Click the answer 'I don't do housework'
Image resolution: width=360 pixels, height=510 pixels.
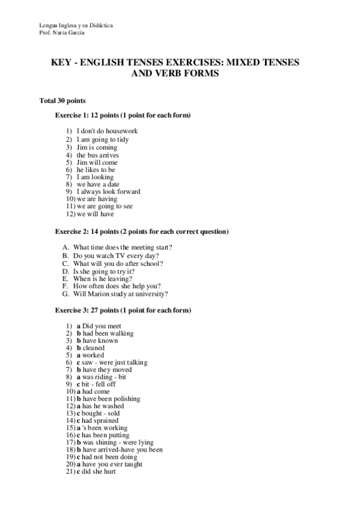pos(107,131)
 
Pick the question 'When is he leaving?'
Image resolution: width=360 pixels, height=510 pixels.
pos(104,279)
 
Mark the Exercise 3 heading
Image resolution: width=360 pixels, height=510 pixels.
pos(123,310)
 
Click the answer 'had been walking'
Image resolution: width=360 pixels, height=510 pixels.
pos(108,333)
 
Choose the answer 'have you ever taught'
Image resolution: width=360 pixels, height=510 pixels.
pos(112,464)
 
